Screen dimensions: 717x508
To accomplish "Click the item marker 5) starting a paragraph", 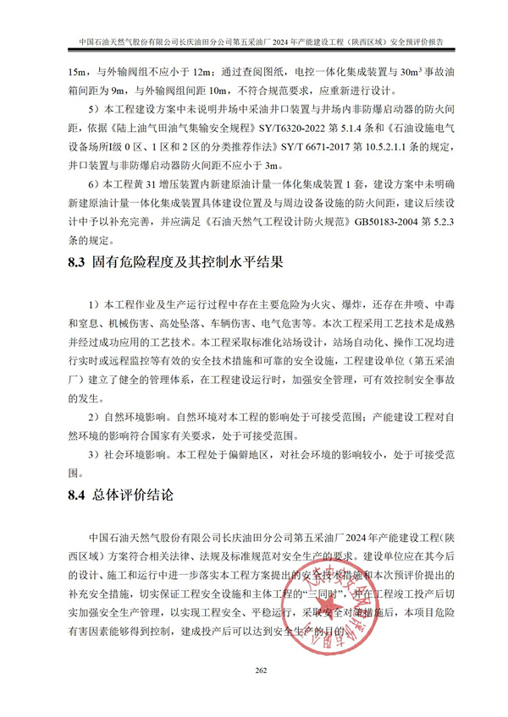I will (x=92, y=109).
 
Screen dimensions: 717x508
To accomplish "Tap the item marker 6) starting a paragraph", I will (x=92, y=183).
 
